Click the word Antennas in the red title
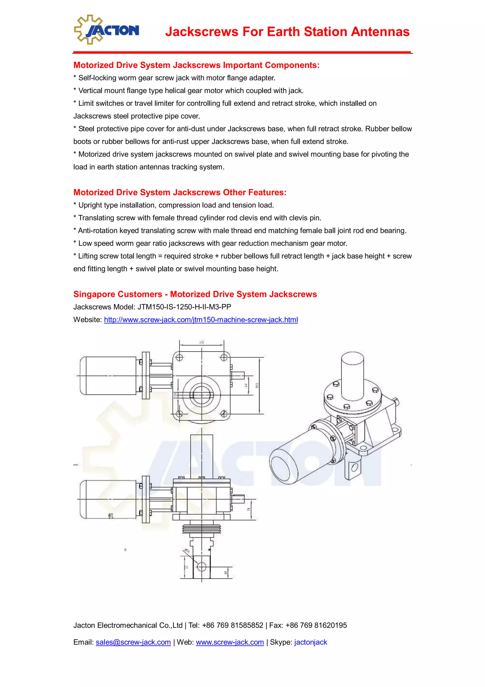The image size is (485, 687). pos(380,32)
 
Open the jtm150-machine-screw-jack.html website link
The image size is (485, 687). pos(201,320)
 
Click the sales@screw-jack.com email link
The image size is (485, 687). pos(133,642)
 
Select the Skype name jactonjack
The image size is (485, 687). pos(310,642)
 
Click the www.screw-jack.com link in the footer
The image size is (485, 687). pos(229,642)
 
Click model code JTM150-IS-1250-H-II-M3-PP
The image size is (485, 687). pos(184,307)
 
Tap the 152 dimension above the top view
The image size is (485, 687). pos(202,342)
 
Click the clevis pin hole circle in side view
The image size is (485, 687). pos(202,567)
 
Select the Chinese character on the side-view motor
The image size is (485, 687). pos(111,516)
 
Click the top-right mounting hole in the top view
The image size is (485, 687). pos(224,357)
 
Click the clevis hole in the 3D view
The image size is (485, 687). pos(355,467)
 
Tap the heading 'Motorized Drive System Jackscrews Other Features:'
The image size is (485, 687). pos(180,192)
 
